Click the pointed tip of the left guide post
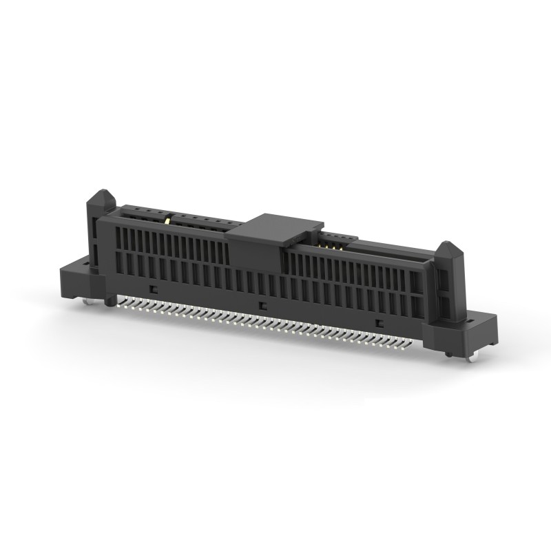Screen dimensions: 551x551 (x=101, y=191)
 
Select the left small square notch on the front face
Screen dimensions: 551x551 (x=154, y=289)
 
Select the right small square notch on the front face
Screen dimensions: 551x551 (x=378, y=323)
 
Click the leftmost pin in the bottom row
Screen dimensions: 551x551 (x=118, y=300)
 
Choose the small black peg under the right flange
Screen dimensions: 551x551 (x=449, y=353)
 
